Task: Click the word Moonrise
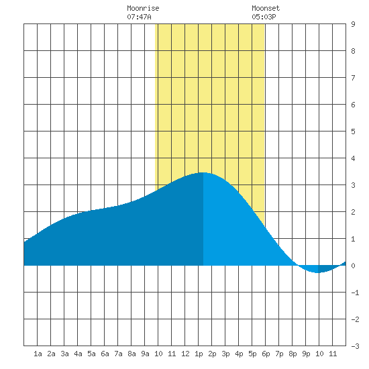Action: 143,8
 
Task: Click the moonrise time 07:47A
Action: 139,17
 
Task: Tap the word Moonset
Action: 266,8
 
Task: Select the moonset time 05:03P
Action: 264,17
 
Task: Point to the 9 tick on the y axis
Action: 353,24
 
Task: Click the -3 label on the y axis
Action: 355,346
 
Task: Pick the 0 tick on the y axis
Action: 353,266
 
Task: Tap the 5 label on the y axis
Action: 353,131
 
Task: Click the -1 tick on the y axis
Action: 355,293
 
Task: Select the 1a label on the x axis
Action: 38,354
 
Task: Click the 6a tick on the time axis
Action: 105,354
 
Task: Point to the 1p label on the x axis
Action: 199,354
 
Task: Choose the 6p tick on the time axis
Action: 266,354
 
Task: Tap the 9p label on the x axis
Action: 306,354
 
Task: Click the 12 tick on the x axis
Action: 185,354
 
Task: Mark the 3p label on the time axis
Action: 225,354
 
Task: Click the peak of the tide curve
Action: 203,172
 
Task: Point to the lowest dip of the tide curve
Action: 318,272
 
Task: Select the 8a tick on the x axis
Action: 131,354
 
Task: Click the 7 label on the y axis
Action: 353,78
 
